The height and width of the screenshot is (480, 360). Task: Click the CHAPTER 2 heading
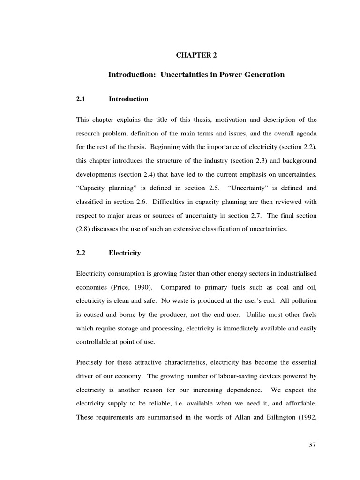[196, 55]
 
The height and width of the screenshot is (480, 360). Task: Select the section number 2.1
[81, 99]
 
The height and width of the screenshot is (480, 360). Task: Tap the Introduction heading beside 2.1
[128, 99]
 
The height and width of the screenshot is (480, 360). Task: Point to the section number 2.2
[81, 253]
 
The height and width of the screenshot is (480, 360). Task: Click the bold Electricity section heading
[125, 253]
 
